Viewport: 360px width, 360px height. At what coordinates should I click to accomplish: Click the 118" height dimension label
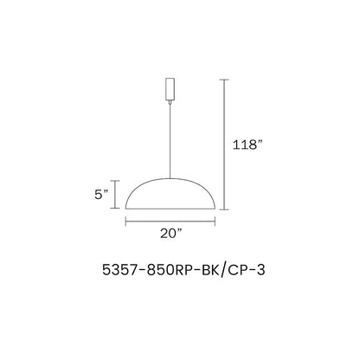click(x=247, y=145)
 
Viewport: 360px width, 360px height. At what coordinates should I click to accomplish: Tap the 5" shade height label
click(x=101, y=195)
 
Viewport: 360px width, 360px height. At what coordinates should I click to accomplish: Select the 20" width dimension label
click(x=171, y=233)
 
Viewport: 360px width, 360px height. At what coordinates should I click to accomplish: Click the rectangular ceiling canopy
click(x=170, y=88)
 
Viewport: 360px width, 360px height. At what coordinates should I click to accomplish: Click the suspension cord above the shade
click(x=170, y=141)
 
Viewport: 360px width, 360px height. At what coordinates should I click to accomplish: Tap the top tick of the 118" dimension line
click(x=224, y=80)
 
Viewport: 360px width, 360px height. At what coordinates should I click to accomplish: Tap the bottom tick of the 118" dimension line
click(x=224, y=209)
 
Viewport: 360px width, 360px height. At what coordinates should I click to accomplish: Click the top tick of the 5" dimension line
click(x=115, y=181)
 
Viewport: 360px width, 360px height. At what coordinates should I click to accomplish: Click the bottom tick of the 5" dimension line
click(x=115, y=208)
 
